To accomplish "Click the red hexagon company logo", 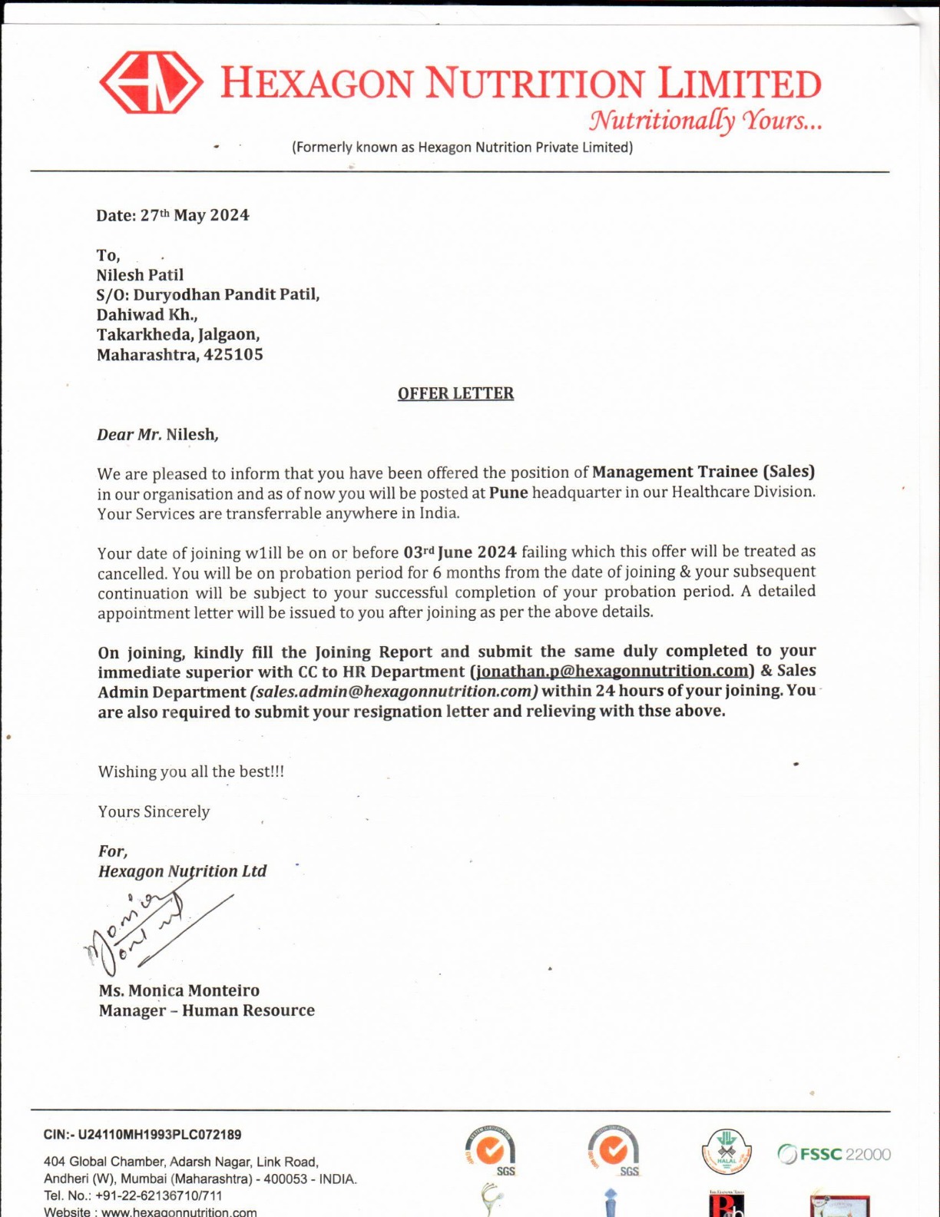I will click(x=151, y=82).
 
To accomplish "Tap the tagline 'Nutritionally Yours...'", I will click(x=705, y=121).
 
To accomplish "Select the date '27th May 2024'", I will click(x=194, y=215).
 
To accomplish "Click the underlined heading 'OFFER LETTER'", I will click(x=455, y=393).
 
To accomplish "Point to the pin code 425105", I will click(x=233, y=355).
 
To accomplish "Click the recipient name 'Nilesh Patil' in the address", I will click(x=140, y=275).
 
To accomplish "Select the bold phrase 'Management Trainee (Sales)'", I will click(x=703, y=472).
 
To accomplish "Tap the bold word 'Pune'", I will click(x=508, y=492).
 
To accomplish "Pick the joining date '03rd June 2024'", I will click(x=460, y=552).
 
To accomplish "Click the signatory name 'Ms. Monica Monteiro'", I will click(x=179, y=990).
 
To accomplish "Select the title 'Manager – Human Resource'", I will click(x=207, y=1010).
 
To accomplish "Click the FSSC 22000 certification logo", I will click(x=834, y=1154).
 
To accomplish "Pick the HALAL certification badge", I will click(x=726, y=1152).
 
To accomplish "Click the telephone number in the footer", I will click(x=159, y=1195).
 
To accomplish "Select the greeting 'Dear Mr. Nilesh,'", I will click(x=157, y=435).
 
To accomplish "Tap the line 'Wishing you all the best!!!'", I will click(x=191, y=771).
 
